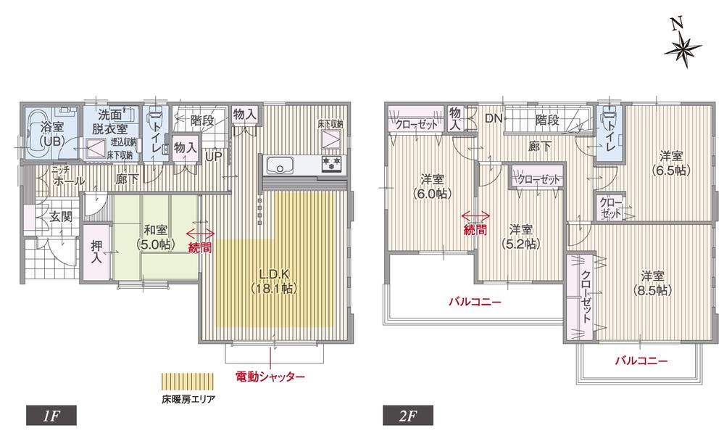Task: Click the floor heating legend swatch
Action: click(x=188, y=382)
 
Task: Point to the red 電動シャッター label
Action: click(x=270, y=377)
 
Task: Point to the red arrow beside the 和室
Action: click(x=201, y=234)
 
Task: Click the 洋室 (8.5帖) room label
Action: click(x=652, y=283)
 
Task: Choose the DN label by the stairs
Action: click(x=494, y=119)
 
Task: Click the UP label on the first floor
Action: click(x=214, y=156)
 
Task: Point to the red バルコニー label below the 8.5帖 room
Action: click(x=641, y=360)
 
